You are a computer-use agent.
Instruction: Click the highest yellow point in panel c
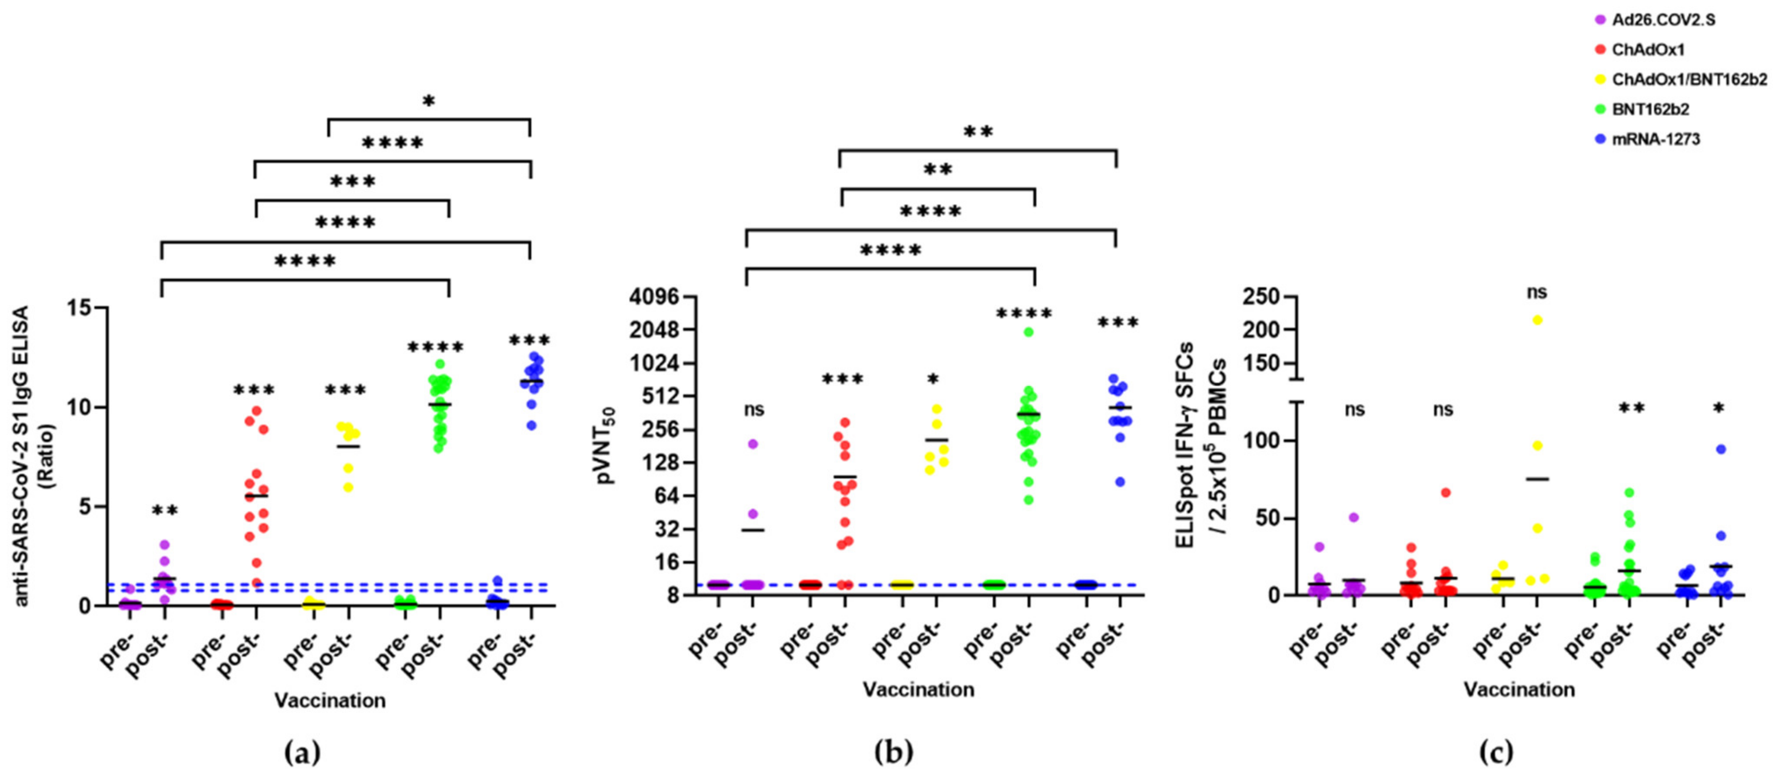point(1537,319)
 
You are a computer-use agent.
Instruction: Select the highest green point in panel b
point(1028,332)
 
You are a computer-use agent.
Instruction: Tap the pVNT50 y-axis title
point(606,445)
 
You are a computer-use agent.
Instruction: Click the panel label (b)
point(893,752)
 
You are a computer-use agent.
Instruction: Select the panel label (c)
point(1495,752)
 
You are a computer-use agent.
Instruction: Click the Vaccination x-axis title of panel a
point(330,701)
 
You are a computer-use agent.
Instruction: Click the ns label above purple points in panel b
point(754,410)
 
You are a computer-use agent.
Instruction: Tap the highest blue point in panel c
point(1721,449)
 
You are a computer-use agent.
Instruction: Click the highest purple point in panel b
point(753,444)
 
